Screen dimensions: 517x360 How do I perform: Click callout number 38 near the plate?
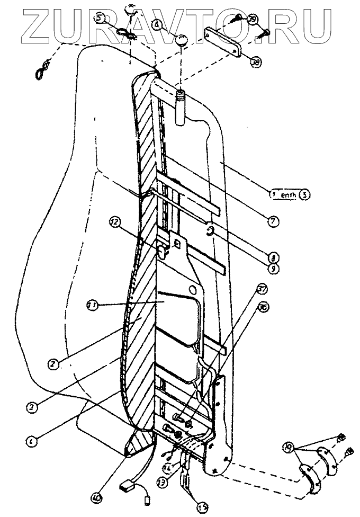256,62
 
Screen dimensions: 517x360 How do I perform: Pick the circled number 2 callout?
52,364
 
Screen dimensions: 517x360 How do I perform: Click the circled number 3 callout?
33,408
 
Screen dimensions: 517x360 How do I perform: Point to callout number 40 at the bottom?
96,497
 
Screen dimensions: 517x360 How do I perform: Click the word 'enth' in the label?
289,194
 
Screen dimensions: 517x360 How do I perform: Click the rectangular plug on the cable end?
125,483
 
